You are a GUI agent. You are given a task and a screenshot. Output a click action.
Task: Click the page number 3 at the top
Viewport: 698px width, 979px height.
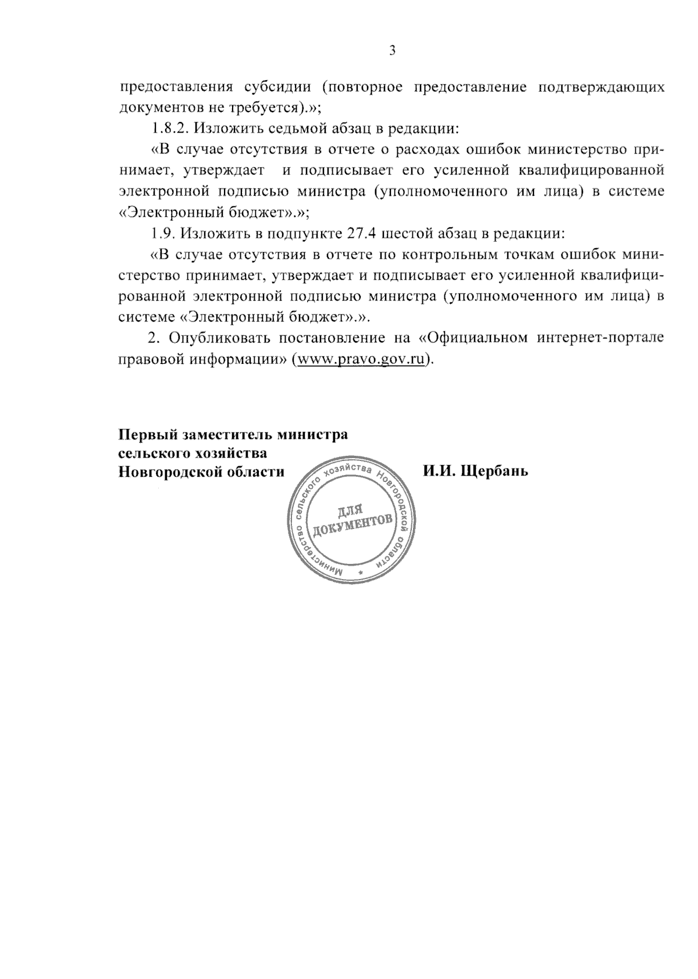pos(392,51)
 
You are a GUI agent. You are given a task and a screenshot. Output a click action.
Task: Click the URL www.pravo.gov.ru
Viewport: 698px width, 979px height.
pos(361,359)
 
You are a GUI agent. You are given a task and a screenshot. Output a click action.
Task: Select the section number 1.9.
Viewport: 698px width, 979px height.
pos(163,234)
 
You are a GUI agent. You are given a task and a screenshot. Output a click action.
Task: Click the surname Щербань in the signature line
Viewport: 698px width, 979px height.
pos(494,470)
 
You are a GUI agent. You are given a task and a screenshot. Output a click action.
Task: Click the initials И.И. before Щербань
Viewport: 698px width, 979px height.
pos(439,470)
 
